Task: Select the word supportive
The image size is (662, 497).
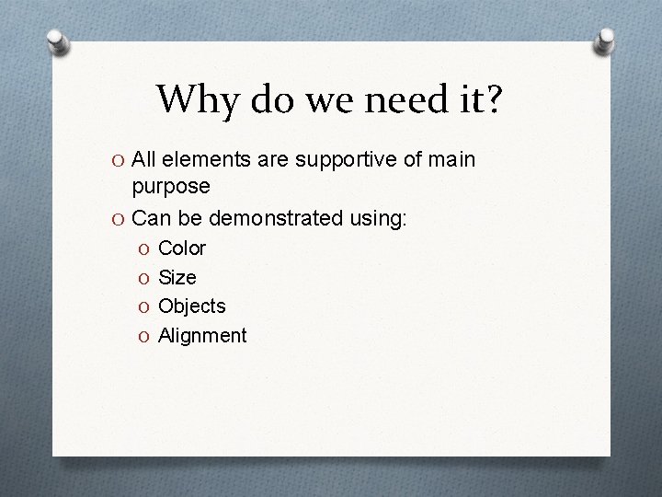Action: (342, 160)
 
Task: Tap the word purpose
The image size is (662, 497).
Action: (171, 186)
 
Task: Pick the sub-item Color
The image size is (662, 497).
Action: (182, 248)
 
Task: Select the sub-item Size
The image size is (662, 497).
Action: (177, 277)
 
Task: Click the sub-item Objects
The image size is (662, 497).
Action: (192, 306)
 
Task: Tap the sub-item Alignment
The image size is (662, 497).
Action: (202, 336)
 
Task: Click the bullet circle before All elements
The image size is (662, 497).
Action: (118, 161)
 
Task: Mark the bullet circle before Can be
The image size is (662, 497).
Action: (118, 220)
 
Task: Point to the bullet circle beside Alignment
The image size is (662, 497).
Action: (143, 336)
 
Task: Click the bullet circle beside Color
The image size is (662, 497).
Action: (143, 248)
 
